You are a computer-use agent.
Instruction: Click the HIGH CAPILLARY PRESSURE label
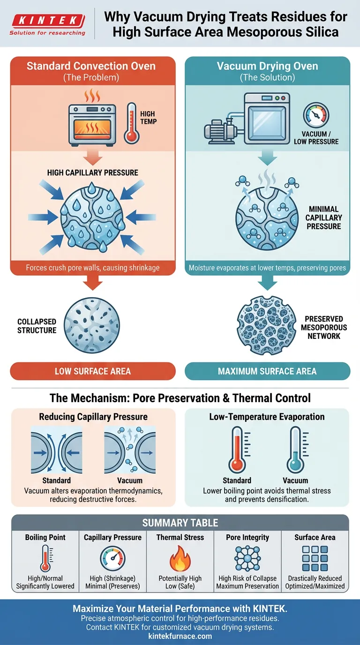(93, 172)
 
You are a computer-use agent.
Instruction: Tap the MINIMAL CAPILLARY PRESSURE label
(323, 217)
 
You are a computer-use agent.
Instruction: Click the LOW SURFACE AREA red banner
(93, 371)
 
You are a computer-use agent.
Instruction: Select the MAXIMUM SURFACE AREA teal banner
(267, 371)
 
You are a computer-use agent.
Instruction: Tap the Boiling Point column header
(45, 537)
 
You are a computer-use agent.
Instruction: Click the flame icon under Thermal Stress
(180, 559)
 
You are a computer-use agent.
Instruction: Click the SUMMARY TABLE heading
(180, 523)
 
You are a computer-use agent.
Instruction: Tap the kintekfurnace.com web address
(180, 636)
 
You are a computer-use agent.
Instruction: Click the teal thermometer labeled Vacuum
(295, 450)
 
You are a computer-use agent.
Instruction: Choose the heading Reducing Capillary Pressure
(93, 417)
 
